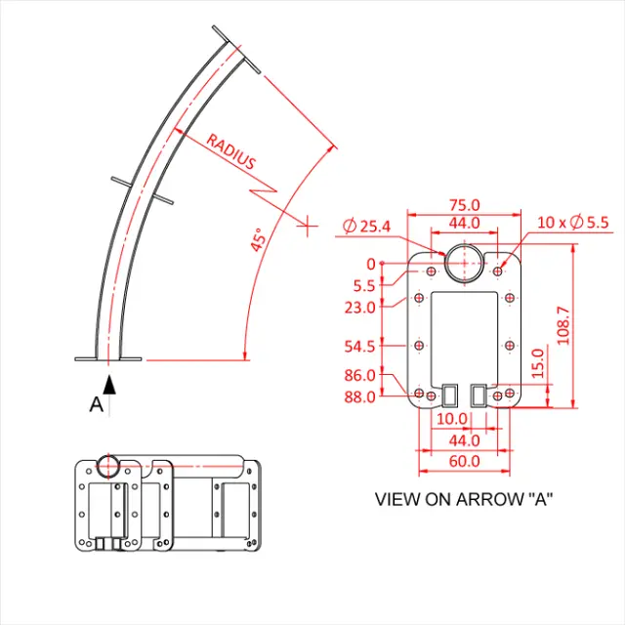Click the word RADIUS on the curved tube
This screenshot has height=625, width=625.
(230, 152)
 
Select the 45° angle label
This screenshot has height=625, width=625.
(258, 240)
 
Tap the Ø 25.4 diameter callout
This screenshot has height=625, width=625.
(367, 227)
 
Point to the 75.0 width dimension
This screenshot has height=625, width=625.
(464, 205)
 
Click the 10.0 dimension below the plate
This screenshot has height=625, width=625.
(451, 418)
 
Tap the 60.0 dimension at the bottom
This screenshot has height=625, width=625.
(464, 461)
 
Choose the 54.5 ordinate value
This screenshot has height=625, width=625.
(361, 346)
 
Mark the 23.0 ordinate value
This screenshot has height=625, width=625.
(361, 307)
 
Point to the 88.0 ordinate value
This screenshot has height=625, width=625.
(361, 396)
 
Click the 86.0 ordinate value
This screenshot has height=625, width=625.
(361, 375)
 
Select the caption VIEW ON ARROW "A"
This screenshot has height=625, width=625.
(464, 499)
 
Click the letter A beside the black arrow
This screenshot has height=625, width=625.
(96, 404)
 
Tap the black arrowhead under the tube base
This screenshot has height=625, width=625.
(109, 383)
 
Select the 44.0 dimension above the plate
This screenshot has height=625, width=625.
(464, 223)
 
